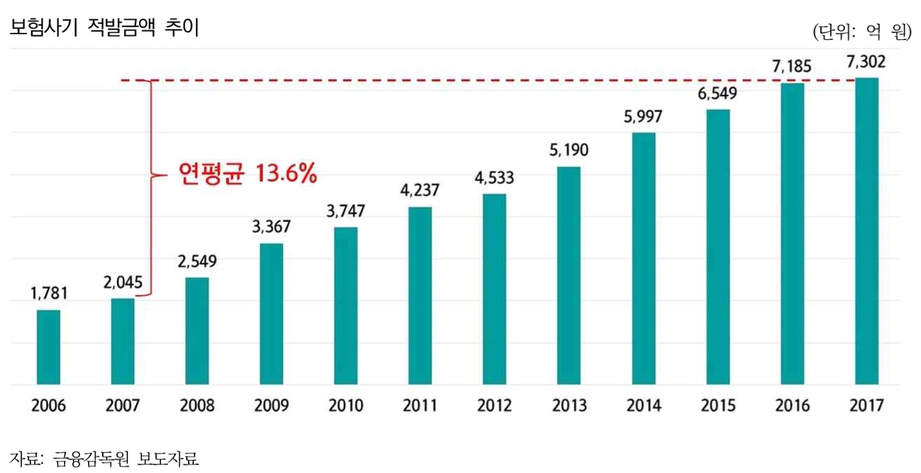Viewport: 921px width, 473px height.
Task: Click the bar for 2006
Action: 48,347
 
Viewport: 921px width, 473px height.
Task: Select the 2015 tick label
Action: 718,406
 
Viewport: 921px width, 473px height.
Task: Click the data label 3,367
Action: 271,227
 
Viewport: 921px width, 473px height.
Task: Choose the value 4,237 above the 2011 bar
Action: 420,191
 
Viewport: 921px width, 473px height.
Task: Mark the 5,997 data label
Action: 644,117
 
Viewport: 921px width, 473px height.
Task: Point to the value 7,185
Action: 792,67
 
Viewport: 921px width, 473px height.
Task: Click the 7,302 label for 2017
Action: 867,63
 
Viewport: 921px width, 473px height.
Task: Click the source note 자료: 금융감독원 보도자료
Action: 104,459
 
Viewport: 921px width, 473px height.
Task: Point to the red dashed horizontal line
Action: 452,81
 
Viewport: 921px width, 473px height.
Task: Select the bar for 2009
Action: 271,314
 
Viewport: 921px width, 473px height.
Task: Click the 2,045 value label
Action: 123,283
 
